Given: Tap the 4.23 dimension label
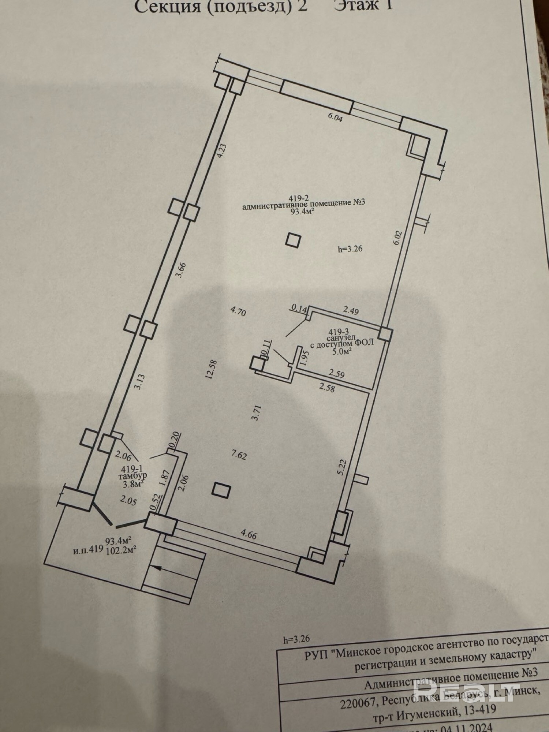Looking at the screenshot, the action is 222,150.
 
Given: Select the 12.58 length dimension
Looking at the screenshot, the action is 212,370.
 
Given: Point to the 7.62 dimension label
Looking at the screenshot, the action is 239,455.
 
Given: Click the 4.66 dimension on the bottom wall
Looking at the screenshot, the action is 249,535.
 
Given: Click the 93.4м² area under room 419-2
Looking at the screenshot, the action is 303,212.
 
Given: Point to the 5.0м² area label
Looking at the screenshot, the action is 341,351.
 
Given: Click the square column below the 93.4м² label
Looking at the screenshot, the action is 293,241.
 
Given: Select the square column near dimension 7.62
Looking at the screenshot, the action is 222,490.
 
